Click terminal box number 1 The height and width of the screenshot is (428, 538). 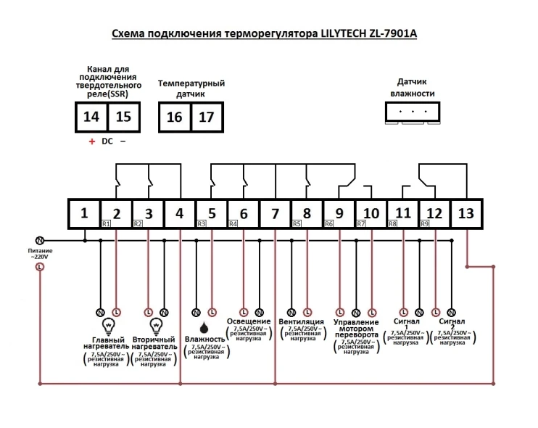point(83,214)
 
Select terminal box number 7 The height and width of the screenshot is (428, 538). point(275,214)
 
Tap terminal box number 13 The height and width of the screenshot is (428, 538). point(466,214)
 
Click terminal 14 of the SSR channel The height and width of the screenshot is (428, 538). point(91,116)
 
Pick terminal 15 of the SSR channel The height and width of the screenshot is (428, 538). point(124,116)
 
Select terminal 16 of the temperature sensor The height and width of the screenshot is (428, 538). point(175,116)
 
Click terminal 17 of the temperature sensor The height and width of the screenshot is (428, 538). point(207,116)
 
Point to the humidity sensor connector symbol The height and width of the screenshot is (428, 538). point(412,112)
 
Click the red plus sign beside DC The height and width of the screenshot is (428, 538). point(91,141)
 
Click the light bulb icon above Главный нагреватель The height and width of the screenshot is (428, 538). point(108,326)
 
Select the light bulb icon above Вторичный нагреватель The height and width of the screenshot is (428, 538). point(155,326)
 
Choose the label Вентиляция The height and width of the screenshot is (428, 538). point(301,321)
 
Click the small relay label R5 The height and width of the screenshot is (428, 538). point(297,224)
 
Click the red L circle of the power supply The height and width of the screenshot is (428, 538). point(40,267)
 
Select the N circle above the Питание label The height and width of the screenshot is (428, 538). point(40,240)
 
